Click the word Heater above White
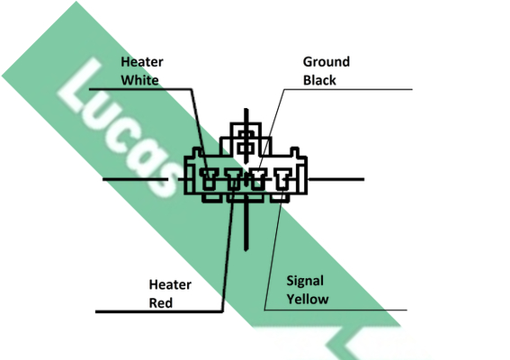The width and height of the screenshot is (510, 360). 142,62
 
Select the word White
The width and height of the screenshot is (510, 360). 139,80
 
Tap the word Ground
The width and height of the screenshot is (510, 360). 327,62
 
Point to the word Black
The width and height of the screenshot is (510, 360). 319,80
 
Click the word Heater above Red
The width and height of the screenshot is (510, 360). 170,284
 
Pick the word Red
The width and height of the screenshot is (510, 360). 161,303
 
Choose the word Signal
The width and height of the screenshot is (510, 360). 305,281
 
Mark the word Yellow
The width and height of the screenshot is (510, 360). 308,299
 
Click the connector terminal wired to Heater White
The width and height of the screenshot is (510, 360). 209,178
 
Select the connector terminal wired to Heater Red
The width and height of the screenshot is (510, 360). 234,179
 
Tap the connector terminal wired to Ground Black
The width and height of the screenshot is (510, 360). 258,179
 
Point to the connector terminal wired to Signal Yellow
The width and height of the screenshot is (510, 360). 283,179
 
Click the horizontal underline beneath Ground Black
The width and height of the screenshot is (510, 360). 348,89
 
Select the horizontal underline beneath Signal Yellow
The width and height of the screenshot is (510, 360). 336,310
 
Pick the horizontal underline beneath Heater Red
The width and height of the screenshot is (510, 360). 159,311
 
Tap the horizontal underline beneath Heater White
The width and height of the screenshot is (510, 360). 140,88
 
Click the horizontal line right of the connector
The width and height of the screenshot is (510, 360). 336,179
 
